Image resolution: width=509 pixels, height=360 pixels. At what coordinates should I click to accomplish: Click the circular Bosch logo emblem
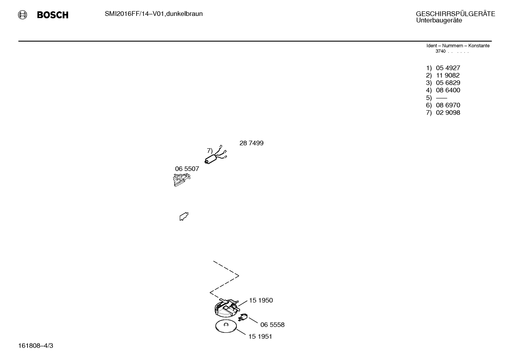pyautogui.click(x=23, y=15)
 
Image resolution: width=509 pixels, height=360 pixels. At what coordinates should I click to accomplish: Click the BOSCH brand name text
pyautogui.click(x=53, y=15)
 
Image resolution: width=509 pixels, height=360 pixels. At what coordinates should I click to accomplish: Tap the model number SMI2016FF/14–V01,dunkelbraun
pyautogui.click(x=154, y=14)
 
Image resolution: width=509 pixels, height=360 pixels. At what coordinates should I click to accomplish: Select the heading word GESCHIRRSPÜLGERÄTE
pyautogui.click(x=455, y=14)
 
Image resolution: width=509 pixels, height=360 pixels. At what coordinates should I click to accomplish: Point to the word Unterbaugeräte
pyautogui.click(x=439, y=20)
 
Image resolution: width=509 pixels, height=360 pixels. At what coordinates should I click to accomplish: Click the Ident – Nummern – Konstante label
pyautogui.click(x=458, y=46)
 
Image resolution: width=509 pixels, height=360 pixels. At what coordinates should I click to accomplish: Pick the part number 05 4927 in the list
pyautogui.click(x=448, y=68)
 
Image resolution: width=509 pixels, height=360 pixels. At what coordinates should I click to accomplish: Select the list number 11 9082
pyautogui.click(x=448, y=75)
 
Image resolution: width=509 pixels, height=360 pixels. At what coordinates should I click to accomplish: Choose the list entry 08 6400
pyautogui.click(x=448, y=90)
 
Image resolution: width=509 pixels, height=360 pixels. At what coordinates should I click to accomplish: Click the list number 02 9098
pyautogui.click(x=448, y=113)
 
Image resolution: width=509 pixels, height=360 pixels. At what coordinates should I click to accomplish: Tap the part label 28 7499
pyautogui.click(x=251, y=143)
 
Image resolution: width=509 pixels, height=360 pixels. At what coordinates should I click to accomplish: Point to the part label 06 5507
pyautogui.click(x=187, y=169)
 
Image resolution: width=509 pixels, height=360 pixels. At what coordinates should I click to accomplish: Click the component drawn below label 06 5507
pyautogui.click(x=181, y=180)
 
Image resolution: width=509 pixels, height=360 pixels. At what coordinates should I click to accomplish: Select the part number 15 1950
pyautogui.click(x=261, y=300)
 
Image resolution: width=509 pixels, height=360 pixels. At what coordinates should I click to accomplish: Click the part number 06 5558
pyautogui.click(x=272, y=325)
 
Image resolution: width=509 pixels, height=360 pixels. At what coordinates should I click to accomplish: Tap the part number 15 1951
pyautogui.click(x=260, y=337)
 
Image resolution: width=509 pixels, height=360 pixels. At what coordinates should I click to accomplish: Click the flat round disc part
pyautogui.click(x=226, y=326)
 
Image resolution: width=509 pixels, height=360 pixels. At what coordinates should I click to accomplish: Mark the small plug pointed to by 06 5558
pyautogui.click(x=243, y=317)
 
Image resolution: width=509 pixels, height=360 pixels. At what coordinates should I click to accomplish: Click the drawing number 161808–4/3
pyautogui.click(x=36, y=346)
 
